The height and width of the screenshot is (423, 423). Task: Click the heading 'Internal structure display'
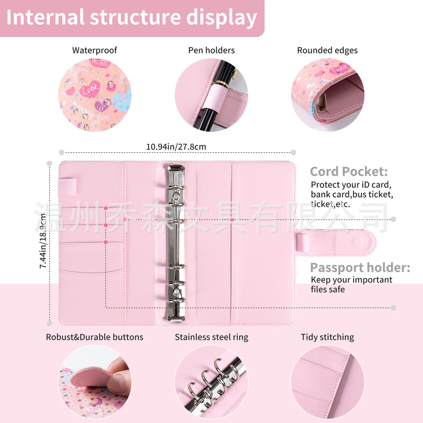[x=132, y=17]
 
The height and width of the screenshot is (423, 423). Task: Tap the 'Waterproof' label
[x=95, y=50]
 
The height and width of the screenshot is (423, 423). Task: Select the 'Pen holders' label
[x=212, y=50]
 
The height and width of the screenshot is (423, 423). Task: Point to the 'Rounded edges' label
[x=327, y=50]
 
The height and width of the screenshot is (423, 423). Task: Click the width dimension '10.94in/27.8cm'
[x=176, y=146]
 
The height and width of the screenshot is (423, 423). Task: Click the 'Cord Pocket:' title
[x=348, y=171]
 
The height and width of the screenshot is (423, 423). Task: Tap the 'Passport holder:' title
[x=360, y=268]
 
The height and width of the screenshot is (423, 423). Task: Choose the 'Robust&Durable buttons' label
[x=95, y=337]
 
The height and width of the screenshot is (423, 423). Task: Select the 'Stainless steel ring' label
[x=212, y=337]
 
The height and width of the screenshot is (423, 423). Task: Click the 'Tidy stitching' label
[x=327, y=337]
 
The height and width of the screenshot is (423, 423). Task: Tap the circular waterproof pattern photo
[x=95, y=95]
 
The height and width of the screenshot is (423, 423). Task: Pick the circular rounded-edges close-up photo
[x=327, y=95]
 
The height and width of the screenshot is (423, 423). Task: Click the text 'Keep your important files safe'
[x=351, y=284]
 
